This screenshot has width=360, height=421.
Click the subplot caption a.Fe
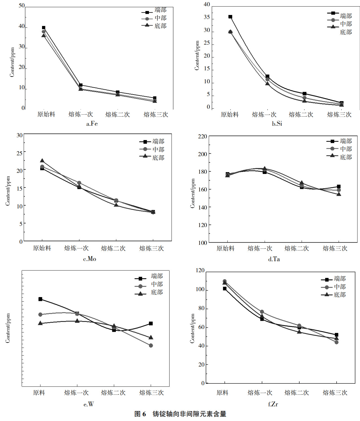pos(92,124)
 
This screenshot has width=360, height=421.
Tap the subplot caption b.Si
pos(277,124)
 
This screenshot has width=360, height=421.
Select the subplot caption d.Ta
pos(274,259)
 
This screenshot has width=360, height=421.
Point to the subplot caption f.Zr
pos(273,404)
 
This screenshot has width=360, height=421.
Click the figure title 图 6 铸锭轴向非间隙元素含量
pos(180,414)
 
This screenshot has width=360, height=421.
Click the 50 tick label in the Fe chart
pos(22,6)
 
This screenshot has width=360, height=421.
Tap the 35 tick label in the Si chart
pos(207,17)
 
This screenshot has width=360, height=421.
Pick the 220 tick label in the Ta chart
pos(202,136)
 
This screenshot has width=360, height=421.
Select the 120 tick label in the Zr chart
pos(200,271)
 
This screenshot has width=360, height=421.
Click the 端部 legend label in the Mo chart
pos(158,141)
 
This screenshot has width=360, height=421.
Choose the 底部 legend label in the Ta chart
pos(346,157)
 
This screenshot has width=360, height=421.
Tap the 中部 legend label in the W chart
pos(157,284)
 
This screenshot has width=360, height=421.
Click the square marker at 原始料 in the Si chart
pos(230,17)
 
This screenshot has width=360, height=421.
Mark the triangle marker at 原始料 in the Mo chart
pos(42,161)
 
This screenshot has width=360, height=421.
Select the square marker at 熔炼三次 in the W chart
pos(151,323)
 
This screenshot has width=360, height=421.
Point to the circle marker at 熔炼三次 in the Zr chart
pos(336,342)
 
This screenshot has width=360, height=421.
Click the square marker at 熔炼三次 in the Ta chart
pos(339,187)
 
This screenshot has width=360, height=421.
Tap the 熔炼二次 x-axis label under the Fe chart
pos(117,114)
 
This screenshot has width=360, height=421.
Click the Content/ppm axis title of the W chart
pos(8,328)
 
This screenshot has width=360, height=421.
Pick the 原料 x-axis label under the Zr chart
pos(222,393)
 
